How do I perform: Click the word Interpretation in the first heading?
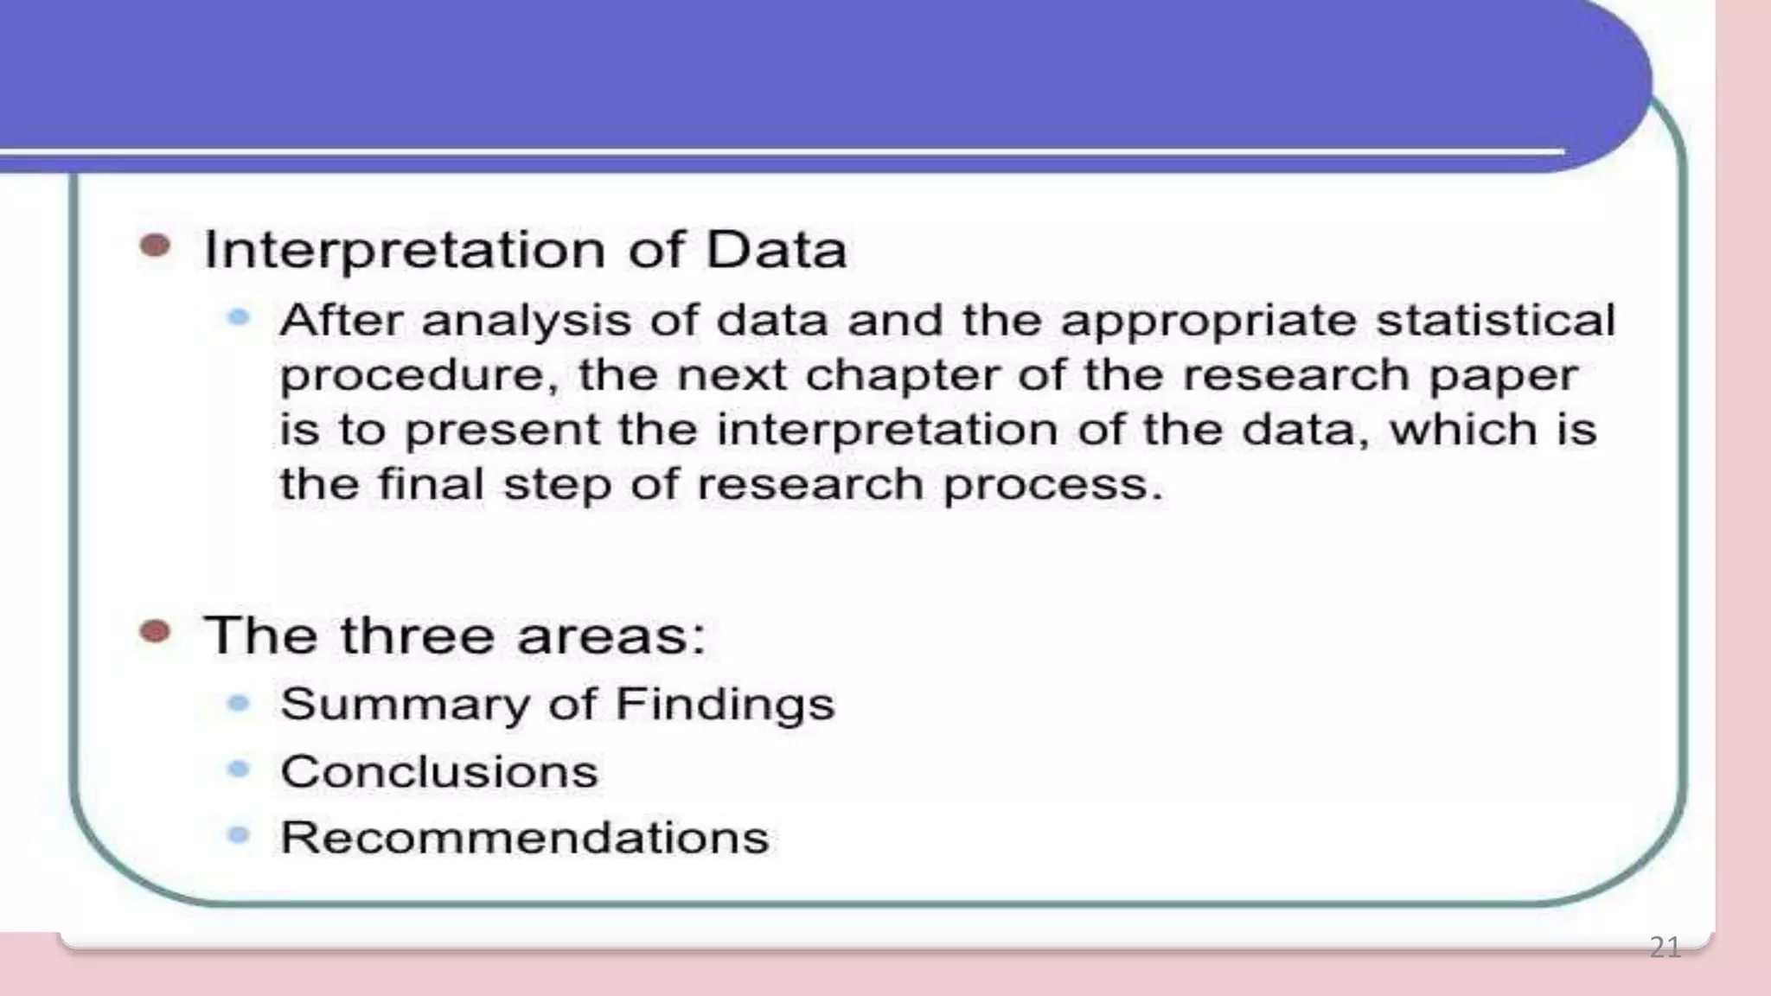coord(405,251)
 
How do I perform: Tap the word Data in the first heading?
coord(776,251)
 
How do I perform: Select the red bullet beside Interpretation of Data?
coord(156,246)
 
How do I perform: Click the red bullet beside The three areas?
coord(156,632)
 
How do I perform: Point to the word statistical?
coord(1495,320)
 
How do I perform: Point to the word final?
coord(431,483)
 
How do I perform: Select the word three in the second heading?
coord(419,635)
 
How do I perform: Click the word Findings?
coord(725,704)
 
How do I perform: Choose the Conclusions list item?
coord(439,771)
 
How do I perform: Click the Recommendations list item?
coord(524,838)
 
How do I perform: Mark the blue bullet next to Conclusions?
coord(239,769)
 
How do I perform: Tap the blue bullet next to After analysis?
coord(239,318)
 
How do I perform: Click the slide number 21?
coord(1665,948)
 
